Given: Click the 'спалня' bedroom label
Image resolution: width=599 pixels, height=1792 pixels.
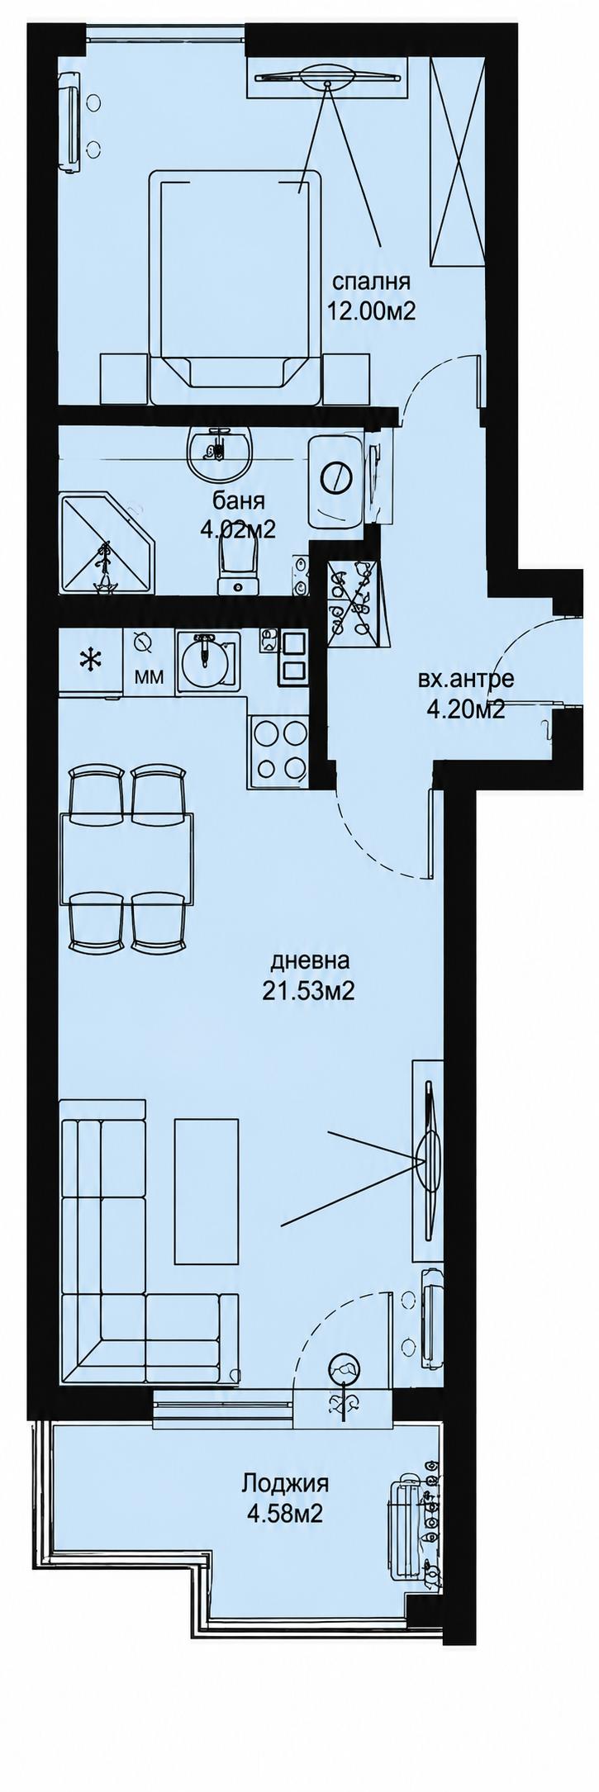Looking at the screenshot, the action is click(x=371, y=282).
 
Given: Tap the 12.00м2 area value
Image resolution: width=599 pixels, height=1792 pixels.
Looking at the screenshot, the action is click(x=371, y=311).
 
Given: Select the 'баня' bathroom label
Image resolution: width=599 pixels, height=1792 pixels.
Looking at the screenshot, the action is click(x=239, y=500).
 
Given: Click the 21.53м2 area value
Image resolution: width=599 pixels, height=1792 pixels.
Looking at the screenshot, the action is click(x=308, y=990).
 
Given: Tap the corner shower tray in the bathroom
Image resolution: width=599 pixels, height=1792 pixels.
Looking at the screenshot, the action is click(x=106, y=541).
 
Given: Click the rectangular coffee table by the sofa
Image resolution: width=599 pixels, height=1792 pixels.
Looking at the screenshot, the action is click(x=207, y=1190).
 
